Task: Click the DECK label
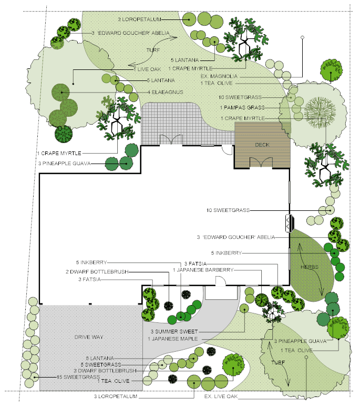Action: (x=262, y=145)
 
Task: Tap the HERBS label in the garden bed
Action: (x=310, y=268)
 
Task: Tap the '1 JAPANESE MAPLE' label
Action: (x=172, y=339)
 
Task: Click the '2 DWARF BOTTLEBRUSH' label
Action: (x=96, y=272)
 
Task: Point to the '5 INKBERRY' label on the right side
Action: (x=227, y=253)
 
